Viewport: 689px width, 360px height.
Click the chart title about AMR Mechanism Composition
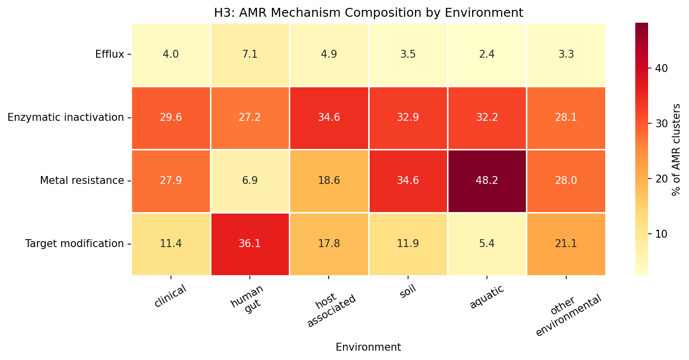(368, 13)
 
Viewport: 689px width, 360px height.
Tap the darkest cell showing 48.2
(487, 180)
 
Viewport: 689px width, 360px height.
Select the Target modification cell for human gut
(250, 244)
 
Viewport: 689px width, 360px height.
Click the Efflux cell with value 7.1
(250, 54)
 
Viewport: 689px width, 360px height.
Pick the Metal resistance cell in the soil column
(408, 180)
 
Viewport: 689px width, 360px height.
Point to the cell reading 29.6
(171, 117)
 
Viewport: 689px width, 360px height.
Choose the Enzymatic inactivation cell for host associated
(329, 117)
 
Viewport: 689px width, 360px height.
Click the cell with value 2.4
(487, 54)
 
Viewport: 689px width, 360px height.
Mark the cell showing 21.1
(566, 244)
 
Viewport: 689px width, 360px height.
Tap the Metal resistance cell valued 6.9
(250, 180)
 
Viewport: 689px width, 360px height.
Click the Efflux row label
(109, 54)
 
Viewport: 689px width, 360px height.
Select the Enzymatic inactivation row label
(66, 117)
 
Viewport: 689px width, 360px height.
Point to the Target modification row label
(74, 244)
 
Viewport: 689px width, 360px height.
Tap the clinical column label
(170, 296)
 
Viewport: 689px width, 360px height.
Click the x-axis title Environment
(368, 347)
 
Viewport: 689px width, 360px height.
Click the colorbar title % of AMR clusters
(677, 149)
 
